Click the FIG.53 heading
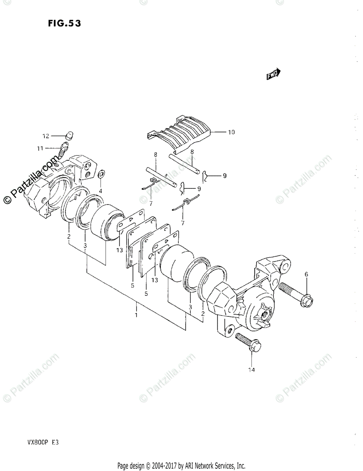pyautogui.click(x=65, y=24)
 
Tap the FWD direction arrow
pyautogui.click(x=273, y=74)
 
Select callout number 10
pyautogui.click(x=231, y=132)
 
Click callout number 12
pyautogui.click(x=46, y=136)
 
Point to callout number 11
pyautogui.click(x=40, y=148)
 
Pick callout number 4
pyautogui.click(x=101, y=191)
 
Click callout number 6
pyautogui.click(x=306, y=275)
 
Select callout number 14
pyautogui.click(x=251, y=370)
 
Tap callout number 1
pyautogui.click(x=136, y=315)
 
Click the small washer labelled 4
pyautogui.click(x=101, y=173)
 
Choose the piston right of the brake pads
pyautogui.click(x=176, y=263)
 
